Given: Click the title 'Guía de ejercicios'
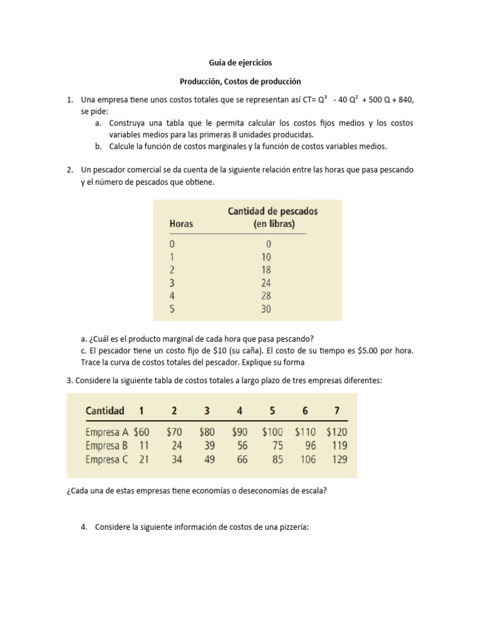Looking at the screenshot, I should pyautogui.click(x=240, y=63).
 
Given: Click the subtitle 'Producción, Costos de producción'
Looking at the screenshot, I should pyautogui.click(x=240, y=82).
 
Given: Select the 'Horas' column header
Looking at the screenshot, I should pyautogui.click(x=182, y=224).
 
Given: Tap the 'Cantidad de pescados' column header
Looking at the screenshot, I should pyautogui.click(x=272, y=211).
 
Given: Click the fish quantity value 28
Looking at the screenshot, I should pyautogui.click(x=266, y=296).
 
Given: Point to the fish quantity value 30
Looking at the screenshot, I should pyautogui.click(x=266, y=309).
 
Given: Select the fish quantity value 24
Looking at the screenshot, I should pyautogui.click(x=266, y=283).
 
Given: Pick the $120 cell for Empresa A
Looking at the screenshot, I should pyautogui.click(x=336, y=432).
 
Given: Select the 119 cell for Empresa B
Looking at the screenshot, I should pyautogui.click(x=337, y=446).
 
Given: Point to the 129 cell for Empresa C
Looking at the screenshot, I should pyautogui.click(x=337, y=460).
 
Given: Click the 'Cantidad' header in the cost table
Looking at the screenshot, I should pyautogui.click(x=105, y=411).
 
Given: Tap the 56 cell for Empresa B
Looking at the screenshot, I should pyautogui.click(x=242, y=446).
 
